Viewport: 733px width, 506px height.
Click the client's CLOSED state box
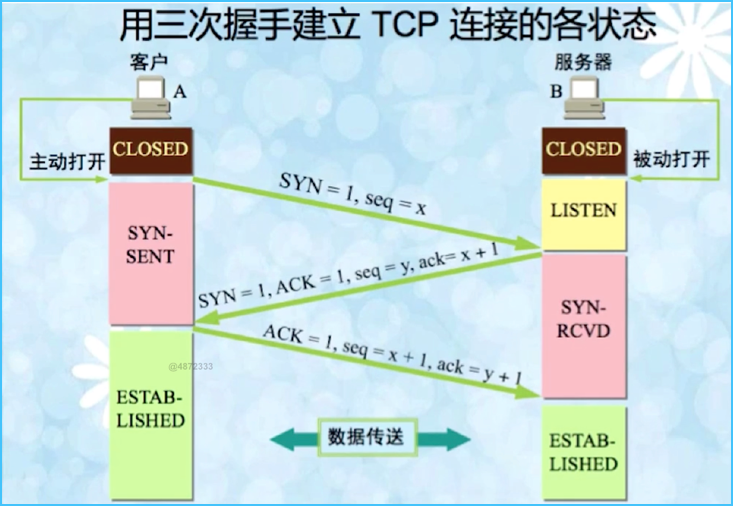150,150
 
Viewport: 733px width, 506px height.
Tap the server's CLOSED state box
583,150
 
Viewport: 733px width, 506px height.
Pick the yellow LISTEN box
583,211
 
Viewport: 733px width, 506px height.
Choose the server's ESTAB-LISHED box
583,453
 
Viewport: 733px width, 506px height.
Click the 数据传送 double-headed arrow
368,438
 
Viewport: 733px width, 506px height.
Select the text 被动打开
671,159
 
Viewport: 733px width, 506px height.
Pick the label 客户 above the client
148,62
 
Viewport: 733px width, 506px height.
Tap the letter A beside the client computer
181,91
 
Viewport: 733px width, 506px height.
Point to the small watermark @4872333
190,367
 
